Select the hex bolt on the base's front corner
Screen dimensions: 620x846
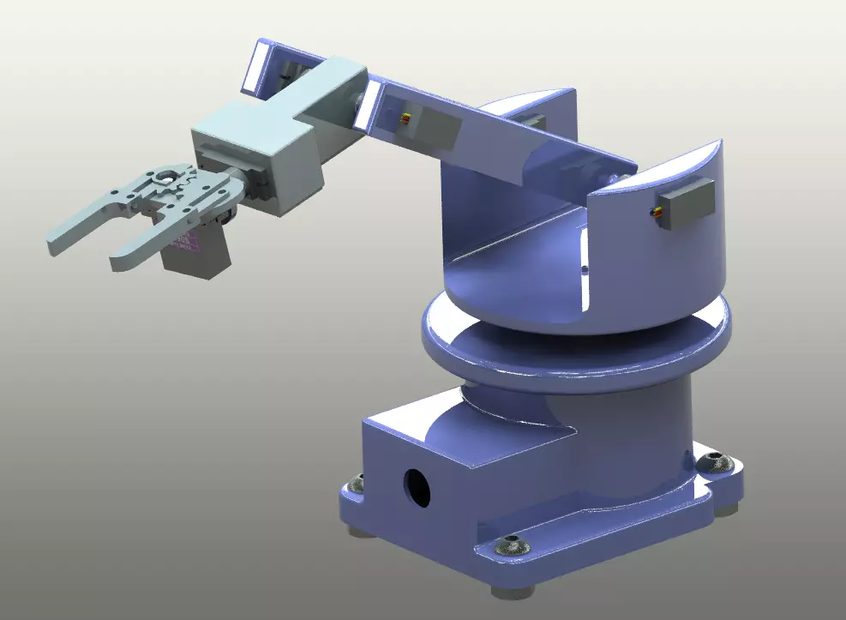pos(513,545)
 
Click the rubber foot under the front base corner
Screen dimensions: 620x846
pos(513,591)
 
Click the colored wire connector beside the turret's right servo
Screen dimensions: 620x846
pos(658,215)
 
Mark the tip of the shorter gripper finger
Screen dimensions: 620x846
pos(117,260)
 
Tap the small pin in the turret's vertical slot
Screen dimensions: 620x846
pos(584,268)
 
